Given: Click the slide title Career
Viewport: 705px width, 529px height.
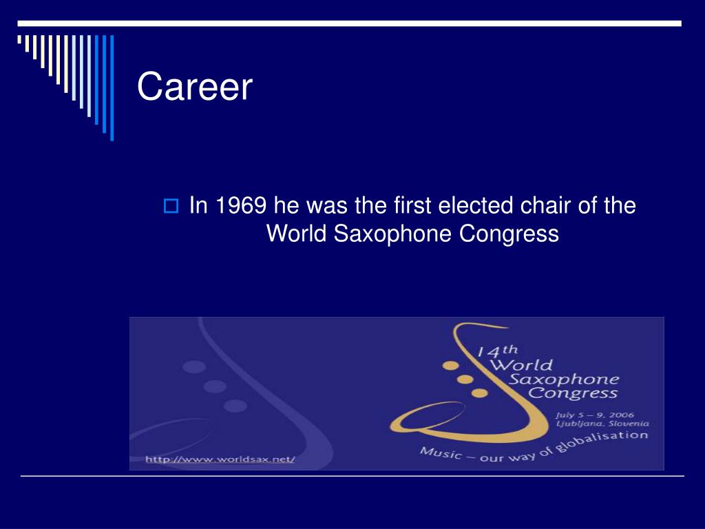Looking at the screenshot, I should [195, 87].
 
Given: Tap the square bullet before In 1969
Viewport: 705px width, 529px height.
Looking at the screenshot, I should [171, 207].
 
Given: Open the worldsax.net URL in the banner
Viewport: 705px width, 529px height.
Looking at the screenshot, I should [220, 459].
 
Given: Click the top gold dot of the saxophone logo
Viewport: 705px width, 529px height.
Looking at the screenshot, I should [451, 364].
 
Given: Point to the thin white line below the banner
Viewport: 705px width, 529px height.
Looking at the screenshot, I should [352, 476].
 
